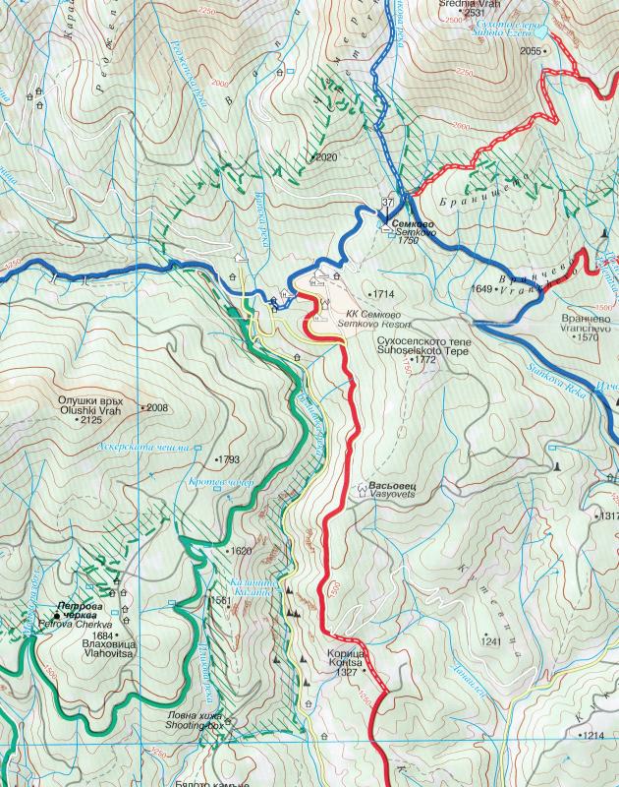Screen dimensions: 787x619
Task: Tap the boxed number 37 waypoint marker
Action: pyautogui.click(x=388, y=203)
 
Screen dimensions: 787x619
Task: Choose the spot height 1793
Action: pyautogui.click(x=229, y=459)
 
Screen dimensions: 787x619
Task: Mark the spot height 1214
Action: pyautogui.click(x=592, y=736)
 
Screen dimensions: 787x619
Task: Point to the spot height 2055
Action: pyautogui.click(x=532, y=50)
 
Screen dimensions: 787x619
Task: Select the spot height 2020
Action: pyautogui.click(x=325, y=157)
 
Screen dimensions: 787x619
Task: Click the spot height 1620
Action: pyautogui.click(x=241, y=551)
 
